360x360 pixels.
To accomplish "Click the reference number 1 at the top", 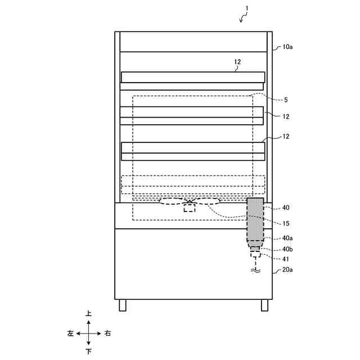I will [x=246, y=8].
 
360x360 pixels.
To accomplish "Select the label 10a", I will [x=287, y=47].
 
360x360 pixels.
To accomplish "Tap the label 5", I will [x=286, y=100].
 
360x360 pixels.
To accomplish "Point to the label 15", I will [x=286, y=223].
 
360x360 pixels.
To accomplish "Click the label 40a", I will [x=287, y=238].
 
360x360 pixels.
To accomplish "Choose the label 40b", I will [x=287, y=249].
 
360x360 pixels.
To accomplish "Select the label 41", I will [x=286, y=259].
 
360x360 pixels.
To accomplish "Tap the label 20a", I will [x=287, y=270].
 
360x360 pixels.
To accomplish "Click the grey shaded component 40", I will [x=255, y=219].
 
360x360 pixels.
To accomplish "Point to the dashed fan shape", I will [x=190, y=201].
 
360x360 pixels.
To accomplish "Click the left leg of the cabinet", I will [x=123, y=305].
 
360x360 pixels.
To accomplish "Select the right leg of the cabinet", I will [x=264, y=305].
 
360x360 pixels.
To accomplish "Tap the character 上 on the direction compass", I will [x=88, y=313].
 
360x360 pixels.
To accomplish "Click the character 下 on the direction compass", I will [x=88, y=352].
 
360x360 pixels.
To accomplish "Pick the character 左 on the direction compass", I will [x=70, y=333].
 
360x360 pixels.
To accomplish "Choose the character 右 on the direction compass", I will [x=107, y=333].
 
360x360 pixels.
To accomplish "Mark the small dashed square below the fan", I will [x=190, y=208].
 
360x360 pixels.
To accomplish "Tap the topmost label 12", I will [x=237, y=63].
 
